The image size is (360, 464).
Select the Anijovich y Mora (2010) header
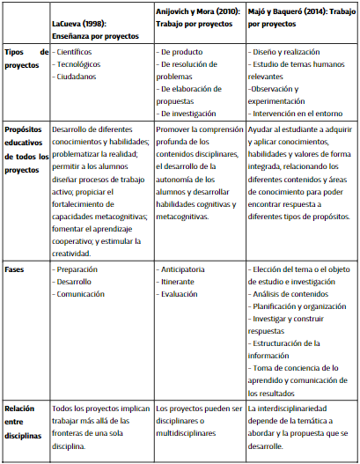pyautogui.click(x=199, y=25)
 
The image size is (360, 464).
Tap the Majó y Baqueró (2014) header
pyautogui.click(x=299, y=25)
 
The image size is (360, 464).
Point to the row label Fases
pyautogui.click(x=17, y=269)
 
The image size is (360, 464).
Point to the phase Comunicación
pyautogui.click(x=84, y=294)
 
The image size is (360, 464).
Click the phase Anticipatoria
pyautogui.click(x=187, y=269)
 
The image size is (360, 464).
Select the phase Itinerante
pyautogui.click(x=182, y=282)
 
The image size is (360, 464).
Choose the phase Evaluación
pyautogui.click(x=183, y=294)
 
